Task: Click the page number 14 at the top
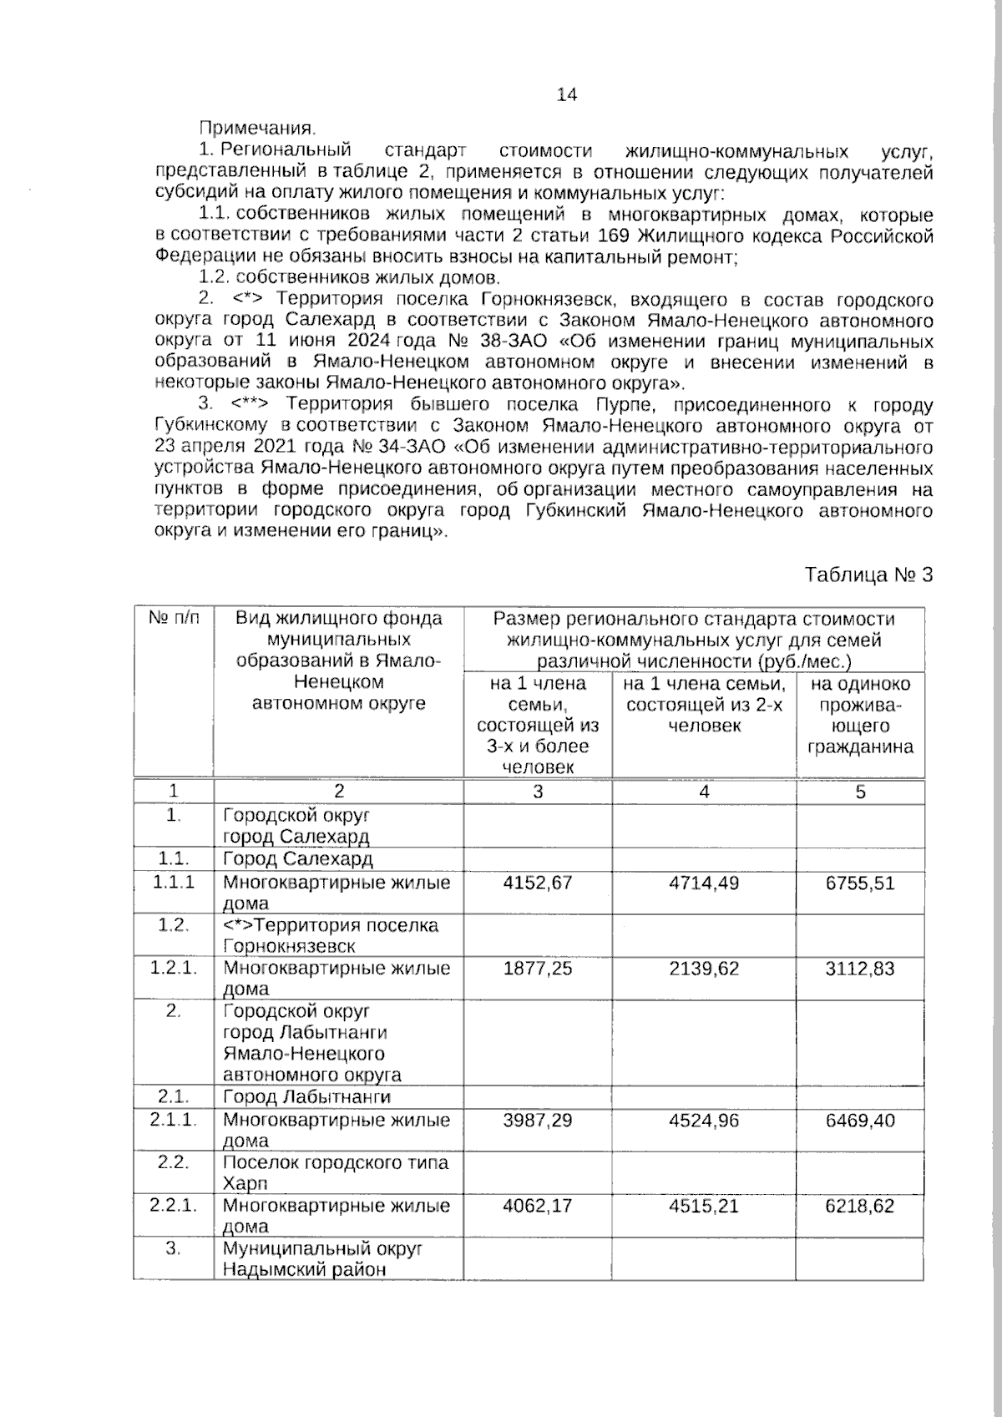click(566, 95)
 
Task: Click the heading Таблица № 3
click(868, 575)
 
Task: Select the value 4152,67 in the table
click(537, 883)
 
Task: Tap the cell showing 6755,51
click(859, 883)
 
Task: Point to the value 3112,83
click(859, 969)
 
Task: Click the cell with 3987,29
click(537, 1120)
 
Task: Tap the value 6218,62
click(859, 1206)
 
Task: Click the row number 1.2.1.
click(173, 968)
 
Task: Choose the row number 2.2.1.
click(173, 1205)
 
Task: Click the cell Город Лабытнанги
click(306, 1097)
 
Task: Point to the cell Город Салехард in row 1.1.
click(297, 859)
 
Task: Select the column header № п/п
click(174, 619)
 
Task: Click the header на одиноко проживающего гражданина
click(860, 715)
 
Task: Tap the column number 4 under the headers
click(704, 792)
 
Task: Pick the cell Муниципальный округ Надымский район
click(322, 1259)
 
